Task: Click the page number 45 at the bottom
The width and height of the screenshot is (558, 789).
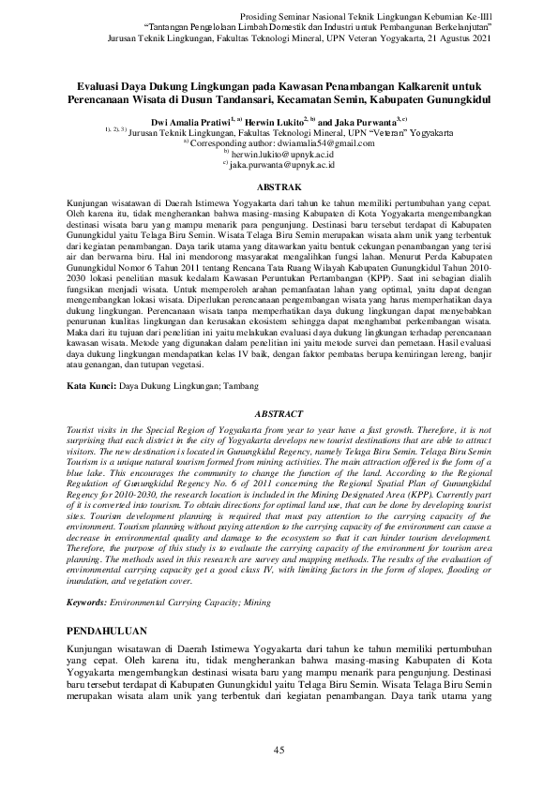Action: coord(279,749)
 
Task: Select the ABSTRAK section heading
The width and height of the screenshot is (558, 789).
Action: coord(279,187)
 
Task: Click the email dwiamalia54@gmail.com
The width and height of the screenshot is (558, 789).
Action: coord(322,143)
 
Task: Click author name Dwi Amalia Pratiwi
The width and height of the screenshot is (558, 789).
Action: coord(204,122)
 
